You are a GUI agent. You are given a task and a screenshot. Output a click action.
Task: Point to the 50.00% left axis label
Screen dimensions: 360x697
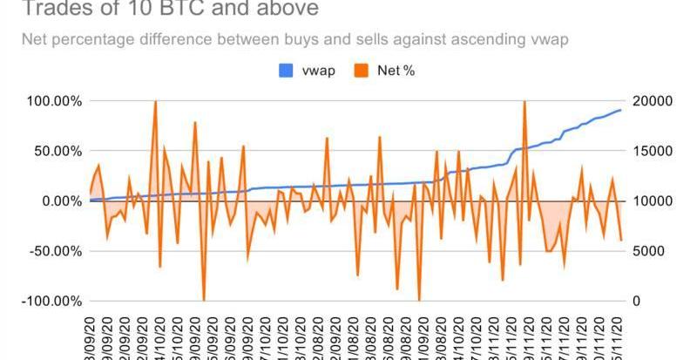click(x=54, y=151)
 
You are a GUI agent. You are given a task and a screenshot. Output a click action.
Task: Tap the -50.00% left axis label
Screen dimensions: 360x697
click(x=52, y=251)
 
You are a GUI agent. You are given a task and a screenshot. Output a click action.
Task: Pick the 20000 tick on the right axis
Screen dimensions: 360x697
click(x=649, y=101)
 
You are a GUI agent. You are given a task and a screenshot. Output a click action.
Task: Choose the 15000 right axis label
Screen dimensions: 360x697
click(x=649, y=151)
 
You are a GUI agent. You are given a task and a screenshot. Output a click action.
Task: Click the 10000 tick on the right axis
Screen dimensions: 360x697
click(x=649, y=201)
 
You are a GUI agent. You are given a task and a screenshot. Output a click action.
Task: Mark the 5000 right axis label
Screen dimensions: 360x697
click(x=646, y=251)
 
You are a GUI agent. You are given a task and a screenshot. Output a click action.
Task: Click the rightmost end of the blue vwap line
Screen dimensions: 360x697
click(x=620, y=110)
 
